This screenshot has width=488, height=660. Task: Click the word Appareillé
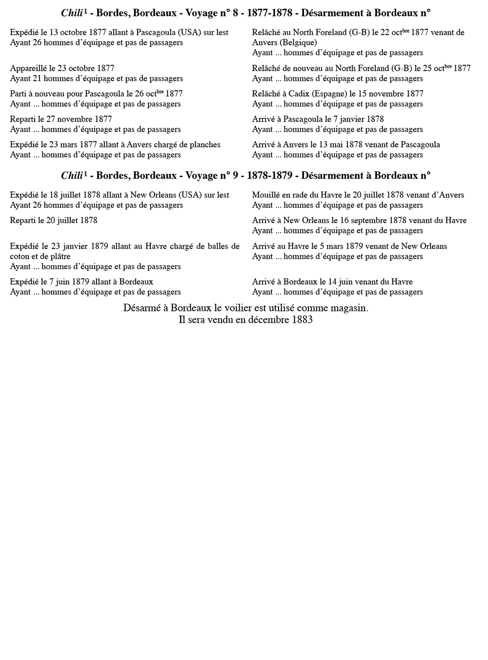tap(28, 68)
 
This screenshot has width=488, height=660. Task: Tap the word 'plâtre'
tap(59, 257)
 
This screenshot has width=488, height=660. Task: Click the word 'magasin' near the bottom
tap(350, 309)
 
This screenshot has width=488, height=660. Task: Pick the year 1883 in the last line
tap(302, 320)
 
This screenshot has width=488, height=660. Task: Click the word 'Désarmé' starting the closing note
tap(142, 309)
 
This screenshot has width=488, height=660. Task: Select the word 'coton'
tap(20, 257)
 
